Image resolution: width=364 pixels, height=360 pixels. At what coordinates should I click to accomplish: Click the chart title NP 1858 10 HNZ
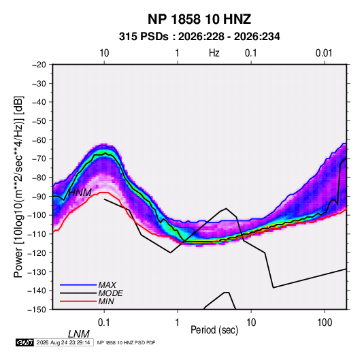tap(199, 19)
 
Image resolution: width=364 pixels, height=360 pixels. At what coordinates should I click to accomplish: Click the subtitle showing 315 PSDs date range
tap(199, 37)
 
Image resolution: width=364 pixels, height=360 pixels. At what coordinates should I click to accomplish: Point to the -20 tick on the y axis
tap(39, 65)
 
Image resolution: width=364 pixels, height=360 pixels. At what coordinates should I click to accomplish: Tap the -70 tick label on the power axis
tap(39, 159)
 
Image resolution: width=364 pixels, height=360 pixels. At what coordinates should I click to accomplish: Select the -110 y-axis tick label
tap(37, 234)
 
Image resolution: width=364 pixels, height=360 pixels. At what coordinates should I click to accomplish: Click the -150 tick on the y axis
tap(37, 310)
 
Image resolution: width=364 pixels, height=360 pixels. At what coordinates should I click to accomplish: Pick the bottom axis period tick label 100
tap(325, 323)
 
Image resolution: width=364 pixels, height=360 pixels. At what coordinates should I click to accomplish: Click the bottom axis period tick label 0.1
tap(104, 323)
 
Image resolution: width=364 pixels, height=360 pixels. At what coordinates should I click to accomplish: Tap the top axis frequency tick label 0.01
tap(324, 53)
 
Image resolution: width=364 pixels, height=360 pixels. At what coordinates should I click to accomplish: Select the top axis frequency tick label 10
tap(104, 53)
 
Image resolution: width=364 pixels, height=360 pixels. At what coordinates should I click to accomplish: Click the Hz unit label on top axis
tap(214, 53)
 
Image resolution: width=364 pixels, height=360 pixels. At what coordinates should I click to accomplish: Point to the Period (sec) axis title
tap(214, 329)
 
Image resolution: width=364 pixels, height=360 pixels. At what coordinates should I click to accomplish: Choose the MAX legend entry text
tap(107, 285)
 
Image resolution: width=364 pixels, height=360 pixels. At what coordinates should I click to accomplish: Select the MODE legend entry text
tap(110, 293)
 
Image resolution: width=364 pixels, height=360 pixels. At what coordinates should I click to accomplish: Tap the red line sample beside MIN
tap(78, 301)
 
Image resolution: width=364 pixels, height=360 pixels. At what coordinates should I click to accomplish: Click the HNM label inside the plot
tap(80, 193)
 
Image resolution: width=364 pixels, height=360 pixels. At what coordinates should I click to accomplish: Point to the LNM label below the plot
tap(79, 334)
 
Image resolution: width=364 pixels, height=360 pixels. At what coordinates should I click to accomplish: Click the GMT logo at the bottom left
tap(25, 342)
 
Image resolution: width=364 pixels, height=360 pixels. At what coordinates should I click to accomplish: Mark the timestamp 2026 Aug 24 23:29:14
tap(63, 342)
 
